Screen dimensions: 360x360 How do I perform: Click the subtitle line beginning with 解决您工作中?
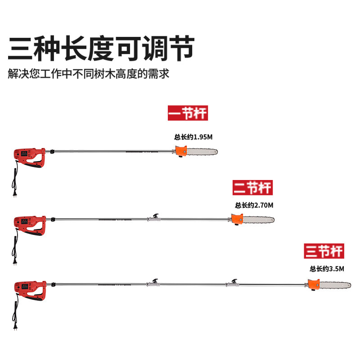point(89,73)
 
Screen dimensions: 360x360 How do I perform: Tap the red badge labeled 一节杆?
point(188,112)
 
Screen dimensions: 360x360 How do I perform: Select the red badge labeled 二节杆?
point(253,186)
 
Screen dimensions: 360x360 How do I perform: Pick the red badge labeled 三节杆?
point(324,251)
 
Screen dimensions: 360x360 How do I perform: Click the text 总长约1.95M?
point(193,138)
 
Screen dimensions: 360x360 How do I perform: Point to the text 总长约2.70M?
point(254,205)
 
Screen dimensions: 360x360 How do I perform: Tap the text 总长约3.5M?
point(327,269)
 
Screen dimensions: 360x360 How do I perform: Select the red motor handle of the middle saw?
point(29,224)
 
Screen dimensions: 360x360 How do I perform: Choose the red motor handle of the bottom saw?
point(29,290)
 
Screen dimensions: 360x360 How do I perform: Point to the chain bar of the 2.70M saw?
point(259,219)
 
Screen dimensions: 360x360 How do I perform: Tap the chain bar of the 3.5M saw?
point(335,284)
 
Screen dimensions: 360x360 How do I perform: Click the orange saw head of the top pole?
point(181,152)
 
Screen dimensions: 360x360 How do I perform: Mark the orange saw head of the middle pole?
point(237,220)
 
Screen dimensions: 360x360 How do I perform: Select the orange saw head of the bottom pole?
point(314,285)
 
